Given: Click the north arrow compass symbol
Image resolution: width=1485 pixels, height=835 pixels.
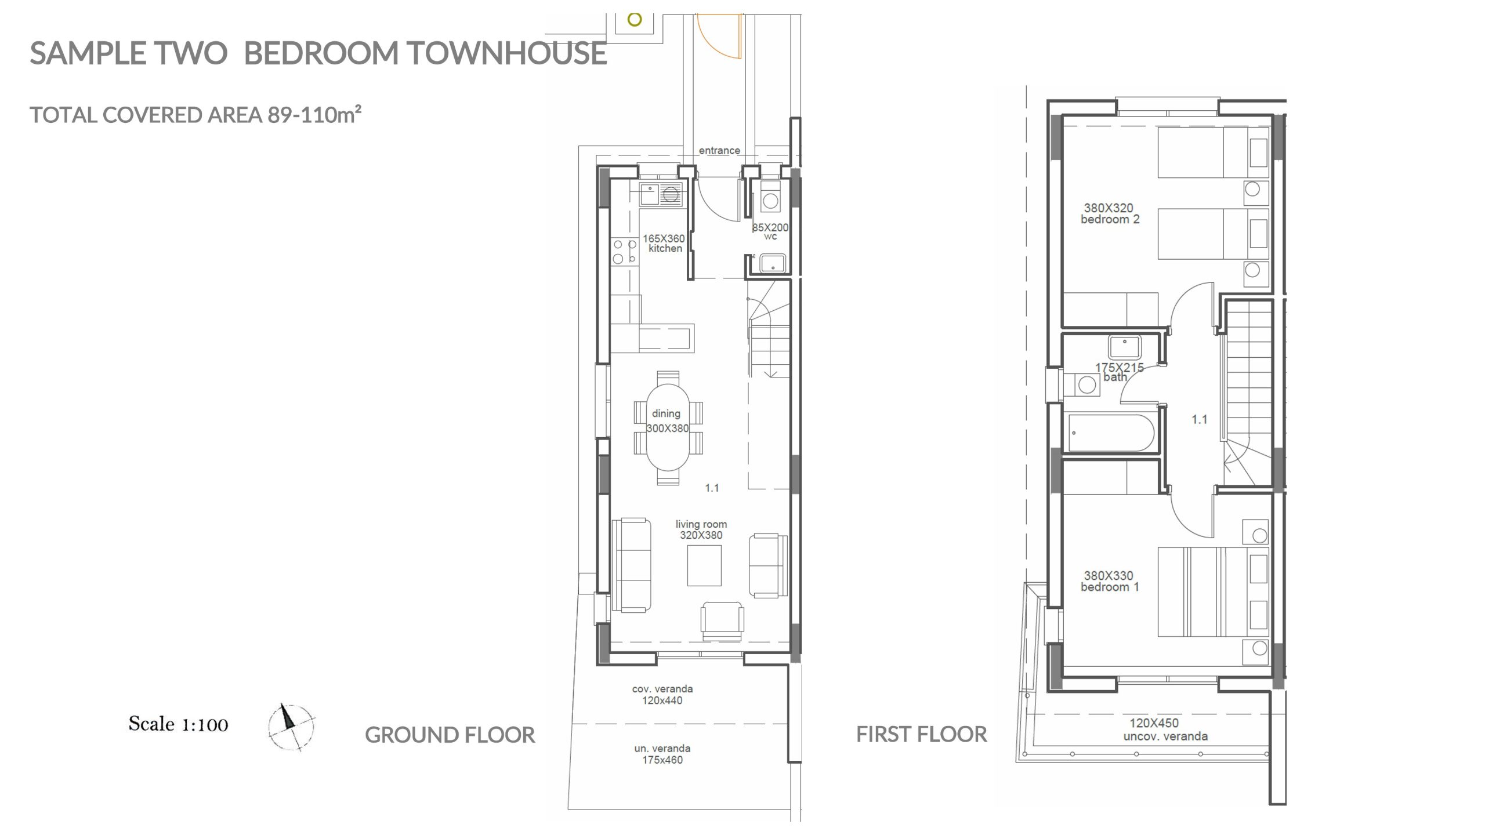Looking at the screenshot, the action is pos(291,728).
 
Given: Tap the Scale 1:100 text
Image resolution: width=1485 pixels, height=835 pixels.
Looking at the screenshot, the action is pos(178,724).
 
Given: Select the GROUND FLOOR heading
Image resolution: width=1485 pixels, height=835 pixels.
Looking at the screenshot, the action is pos(450,735).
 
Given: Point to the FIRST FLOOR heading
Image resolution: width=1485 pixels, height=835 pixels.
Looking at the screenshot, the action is pos(921,734).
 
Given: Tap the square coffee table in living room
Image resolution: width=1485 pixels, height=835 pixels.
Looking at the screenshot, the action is pos(704,565).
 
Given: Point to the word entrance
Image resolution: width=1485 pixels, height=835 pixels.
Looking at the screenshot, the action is pos(719,150).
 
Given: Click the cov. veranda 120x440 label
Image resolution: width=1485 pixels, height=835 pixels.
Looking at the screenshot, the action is pos(662,695).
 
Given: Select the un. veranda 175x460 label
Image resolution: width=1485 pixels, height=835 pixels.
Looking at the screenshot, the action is pos(662,754).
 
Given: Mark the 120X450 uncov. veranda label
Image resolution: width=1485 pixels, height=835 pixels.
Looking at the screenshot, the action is pos(1165,729).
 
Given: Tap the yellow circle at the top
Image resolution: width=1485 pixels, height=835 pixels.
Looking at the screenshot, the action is pos(635,20).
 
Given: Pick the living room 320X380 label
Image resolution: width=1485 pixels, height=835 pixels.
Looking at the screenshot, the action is pos(701,529).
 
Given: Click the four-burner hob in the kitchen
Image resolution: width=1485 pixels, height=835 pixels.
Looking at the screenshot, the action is pos(625,252).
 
